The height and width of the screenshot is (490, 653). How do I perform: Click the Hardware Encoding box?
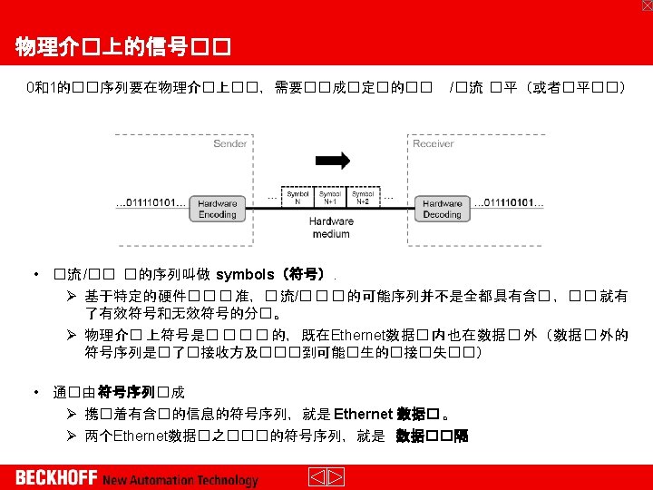point(217,208)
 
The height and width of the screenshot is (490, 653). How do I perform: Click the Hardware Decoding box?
point(442,208)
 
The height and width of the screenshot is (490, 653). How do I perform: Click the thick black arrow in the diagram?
point(331,162)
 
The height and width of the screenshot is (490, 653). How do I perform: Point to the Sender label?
point(229,143)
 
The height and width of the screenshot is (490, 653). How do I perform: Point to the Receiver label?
point(433,143)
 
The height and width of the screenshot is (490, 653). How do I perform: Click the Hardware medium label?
point(330,227)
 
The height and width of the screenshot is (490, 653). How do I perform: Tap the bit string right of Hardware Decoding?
point(509,203)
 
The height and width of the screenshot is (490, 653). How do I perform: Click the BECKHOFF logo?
point(56,477)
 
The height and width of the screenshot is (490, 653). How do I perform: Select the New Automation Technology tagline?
point(180,480)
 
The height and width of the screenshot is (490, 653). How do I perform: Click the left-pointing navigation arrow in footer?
point(317,477)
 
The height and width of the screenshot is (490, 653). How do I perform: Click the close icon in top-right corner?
point(646,5)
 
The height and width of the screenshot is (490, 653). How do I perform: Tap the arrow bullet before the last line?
point(72,436)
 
